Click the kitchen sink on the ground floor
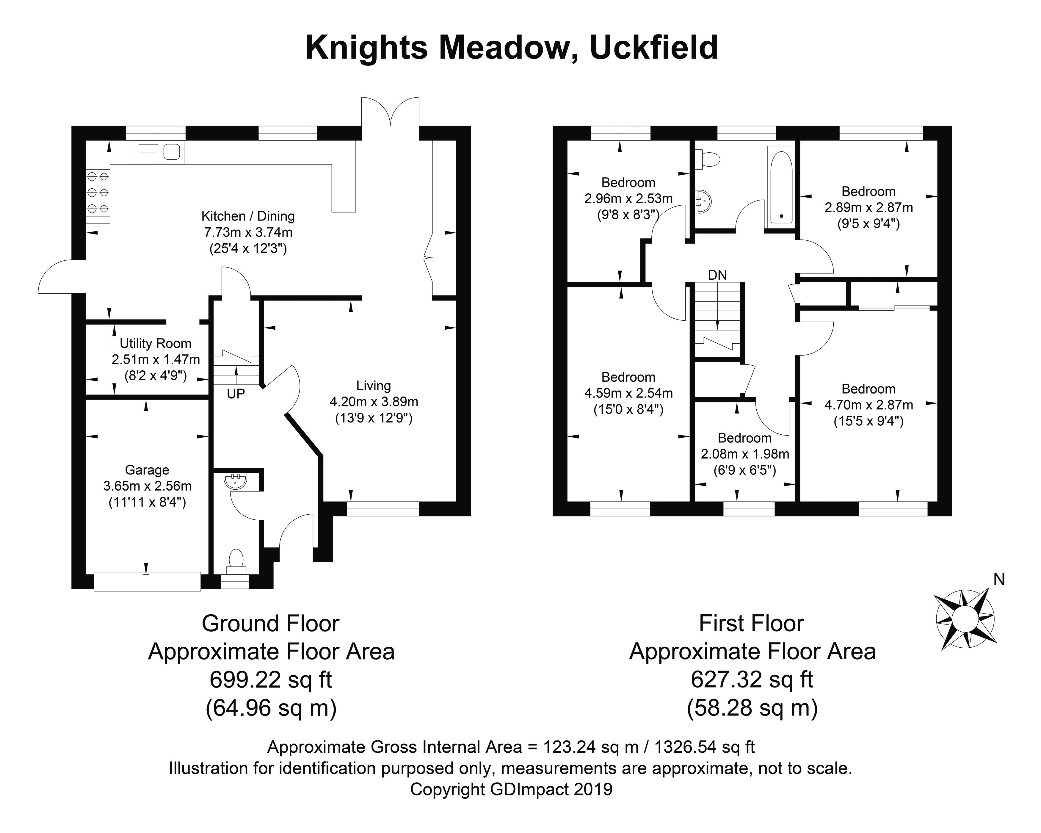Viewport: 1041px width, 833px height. click(x=159, y=152)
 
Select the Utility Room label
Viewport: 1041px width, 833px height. click(x=156, y=343)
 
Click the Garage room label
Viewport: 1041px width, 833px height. click(x=147, y=470)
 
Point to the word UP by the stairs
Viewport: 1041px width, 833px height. click(x=236, y=394)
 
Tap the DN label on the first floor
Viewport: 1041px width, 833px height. click(x=717, y=275)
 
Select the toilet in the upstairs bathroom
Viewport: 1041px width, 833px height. click(x=707, y=158)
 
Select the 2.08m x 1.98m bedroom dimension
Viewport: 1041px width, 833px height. click(x=744, y=454)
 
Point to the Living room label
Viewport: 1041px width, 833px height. click(x=373, y=385)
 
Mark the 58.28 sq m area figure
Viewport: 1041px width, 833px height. click(x=752, y=708)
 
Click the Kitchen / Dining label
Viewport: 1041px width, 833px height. click(x=248, y=216)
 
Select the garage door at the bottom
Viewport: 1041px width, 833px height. click(x=147, y=581)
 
